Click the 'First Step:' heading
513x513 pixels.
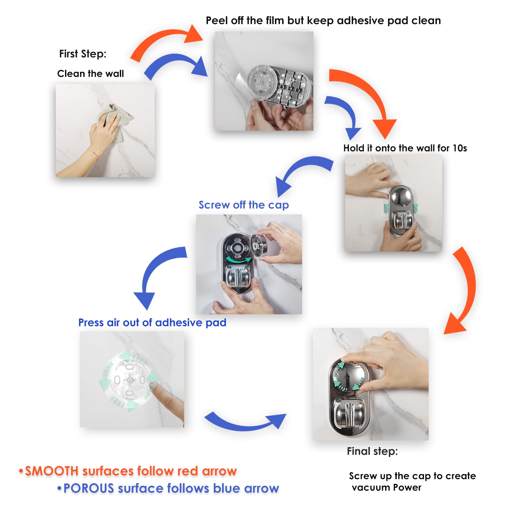pyautogui.click(x=83, y=54)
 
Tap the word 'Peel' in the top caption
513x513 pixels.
pyautogui.click(x=217, y=21)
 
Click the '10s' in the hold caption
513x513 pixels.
pyautogui.click(x=459, y=148)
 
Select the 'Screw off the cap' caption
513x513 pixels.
pyautogui.click(x=244, y=205)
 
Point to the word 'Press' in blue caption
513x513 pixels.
pyautogui.click(x=91, y=322)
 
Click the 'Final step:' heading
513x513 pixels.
pyautogui.click(x=372, y=451)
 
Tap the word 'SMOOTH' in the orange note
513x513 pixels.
pyautogui.click(x=52, y=471)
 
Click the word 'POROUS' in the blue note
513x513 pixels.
pyautogui.click(x=89, y=488)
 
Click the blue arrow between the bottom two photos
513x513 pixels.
pyautogui.click(x=245, y=422)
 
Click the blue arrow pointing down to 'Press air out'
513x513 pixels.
pyautogui.click(x=157, y=272)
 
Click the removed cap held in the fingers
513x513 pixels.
pyautogui.click(x=259, y=245)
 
